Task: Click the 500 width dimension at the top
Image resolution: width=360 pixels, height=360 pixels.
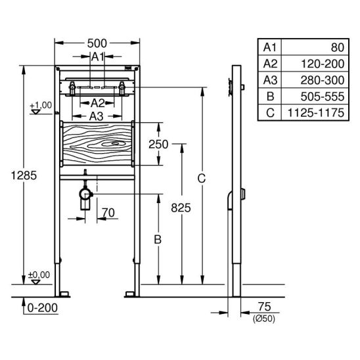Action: point(97,43)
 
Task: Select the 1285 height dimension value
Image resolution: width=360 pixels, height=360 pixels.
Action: point(24,175)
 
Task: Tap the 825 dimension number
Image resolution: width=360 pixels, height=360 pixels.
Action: point(181,208)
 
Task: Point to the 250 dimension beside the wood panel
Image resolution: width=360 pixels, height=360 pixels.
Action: point(158,145)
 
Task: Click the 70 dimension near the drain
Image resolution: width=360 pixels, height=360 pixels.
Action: point(108,213)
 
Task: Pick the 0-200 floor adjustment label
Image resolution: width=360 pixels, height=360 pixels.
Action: point(43,308)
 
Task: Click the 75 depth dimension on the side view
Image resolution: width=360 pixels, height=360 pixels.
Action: point(265,307)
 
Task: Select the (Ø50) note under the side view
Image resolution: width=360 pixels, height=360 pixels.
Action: point(264,319)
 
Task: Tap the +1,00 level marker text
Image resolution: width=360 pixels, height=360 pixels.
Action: point(41,105)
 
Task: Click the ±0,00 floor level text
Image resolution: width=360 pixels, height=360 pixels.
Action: point(39,275)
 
